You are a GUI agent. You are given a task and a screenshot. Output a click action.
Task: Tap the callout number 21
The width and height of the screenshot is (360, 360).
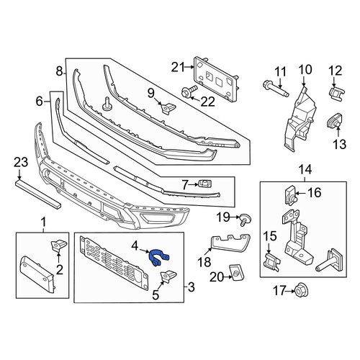click(178, 68)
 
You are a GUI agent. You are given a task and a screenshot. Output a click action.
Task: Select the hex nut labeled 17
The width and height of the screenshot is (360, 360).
click(302, 290)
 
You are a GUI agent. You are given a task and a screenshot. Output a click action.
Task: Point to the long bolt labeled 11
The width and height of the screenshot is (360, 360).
click(276, 89)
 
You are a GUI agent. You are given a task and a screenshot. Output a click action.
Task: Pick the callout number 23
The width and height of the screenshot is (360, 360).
click(21, 163)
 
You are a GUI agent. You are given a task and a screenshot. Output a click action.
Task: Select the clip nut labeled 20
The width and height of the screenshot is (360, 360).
click(236, 272)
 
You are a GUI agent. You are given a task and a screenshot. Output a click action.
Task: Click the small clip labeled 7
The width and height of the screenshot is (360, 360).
click(204, 184)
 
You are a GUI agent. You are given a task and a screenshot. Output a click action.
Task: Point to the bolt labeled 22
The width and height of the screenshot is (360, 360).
click(189, 93)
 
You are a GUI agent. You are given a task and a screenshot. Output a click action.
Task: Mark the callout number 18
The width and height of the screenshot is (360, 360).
click(204, 261)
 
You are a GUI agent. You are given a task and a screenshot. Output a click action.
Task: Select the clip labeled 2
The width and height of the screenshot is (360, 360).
click(58, 246)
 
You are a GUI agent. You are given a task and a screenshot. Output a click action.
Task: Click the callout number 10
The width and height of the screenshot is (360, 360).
click(305, 69)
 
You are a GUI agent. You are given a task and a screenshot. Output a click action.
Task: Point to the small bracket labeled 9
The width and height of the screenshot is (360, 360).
click(168, 107)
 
